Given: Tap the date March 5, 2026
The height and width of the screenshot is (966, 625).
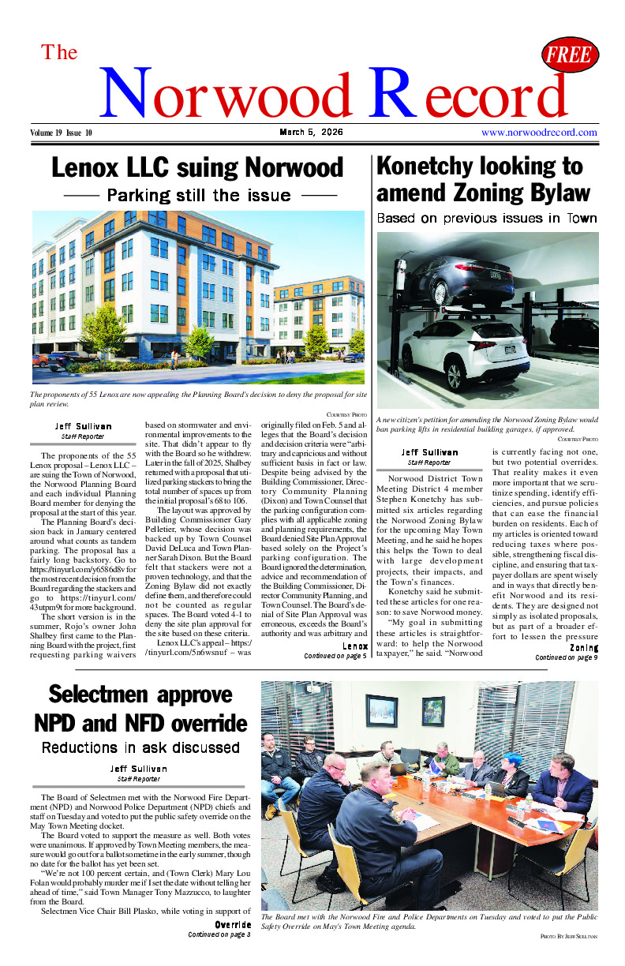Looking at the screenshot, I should click(311, 133).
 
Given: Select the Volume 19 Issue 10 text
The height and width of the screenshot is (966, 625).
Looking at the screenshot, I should click(62, 133).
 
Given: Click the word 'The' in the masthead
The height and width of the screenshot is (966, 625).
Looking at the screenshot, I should click(59, 53).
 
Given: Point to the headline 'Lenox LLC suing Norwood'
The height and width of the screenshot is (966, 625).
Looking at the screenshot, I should click(197, 168).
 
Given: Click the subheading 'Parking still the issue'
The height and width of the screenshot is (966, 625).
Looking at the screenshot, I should click(200, 194).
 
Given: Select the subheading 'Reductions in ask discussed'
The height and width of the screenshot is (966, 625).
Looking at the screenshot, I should click(140, 747).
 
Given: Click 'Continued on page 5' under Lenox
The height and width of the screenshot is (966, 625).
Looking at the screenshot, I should click(335, 655).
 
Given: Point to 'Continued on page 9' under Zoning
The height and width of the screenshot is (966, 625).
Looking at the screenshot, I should click(566, 657).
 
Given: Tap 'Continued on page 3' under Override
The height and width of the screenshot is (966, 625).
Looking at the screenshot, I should click(219, 934).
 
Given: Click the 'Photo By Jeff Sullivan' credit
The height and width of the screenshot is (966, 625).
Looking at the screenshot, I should click(569, 936).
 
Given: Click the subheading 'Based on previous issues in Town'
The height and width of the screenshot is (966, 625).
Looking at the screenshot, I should click(487, 218).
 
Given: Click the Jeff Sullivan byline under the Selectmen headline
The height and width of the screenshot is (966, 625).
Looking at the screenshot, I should click(138, 768).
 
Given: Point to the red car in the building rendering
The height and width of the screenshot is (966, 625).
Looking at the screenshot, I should click(40, 360).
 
